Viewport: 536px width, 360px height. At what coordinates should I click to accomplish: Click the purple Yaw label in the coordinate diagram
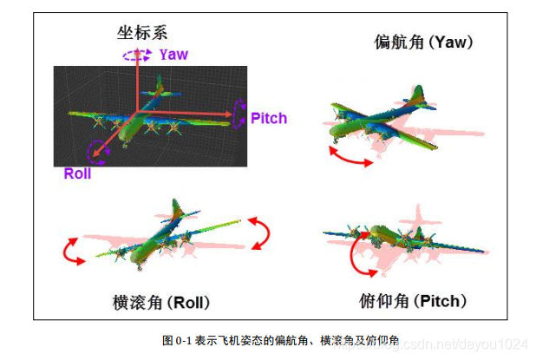click(173, 55)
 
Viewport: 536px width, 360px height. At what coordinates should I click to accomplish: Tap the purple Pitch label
click(268, 118)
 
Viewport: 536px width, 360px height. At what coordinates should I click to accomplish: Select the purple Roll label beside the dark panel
click(77, 173)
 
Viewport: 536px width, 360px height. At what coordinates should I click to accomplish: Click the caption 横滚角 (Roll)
click(161, 303)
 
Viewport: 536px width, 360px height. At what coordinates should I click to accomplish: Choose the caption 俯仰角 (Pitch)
click(413, 302)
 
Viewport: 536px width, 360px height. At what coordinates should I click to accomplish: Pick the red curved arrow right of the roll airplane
click(259, 232)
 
